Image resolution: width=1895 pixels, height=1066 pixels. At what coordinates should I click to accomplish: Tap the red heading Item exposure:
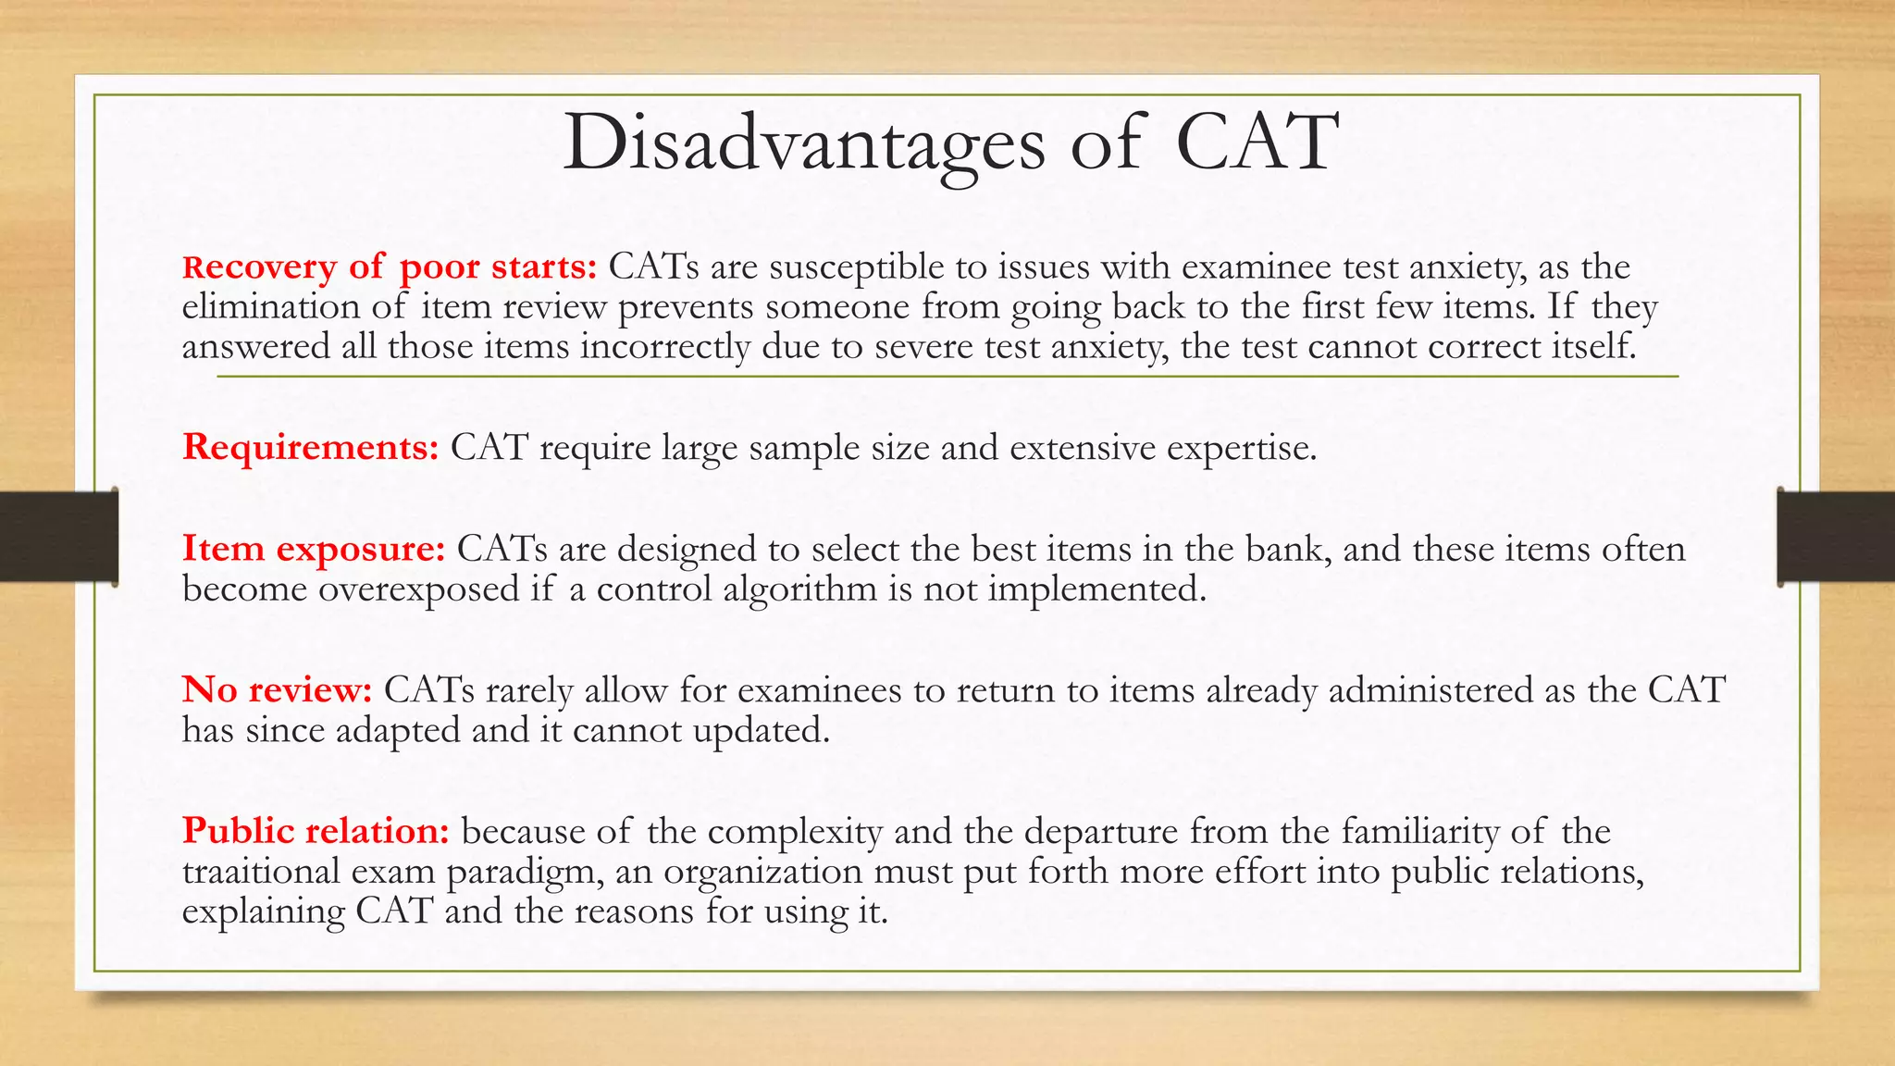tap(314, 549)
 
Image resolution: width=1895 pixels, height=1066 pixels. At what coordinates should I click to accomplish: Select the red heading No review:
tap(277, 690)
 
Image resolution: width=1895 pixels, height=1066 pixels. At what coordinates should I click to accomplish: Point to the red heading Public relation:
tap(316, 831)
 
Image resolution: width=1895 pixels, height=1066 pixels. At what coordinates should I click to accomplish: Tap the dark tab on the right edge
tap(1836, 537)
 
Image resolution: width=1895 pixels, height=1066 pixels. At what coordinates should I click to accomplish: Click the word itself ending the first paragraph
tap(1592, 347)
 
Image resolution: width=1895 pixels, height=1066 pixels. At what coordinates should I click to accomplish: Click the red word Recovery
tap(260, 267)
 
